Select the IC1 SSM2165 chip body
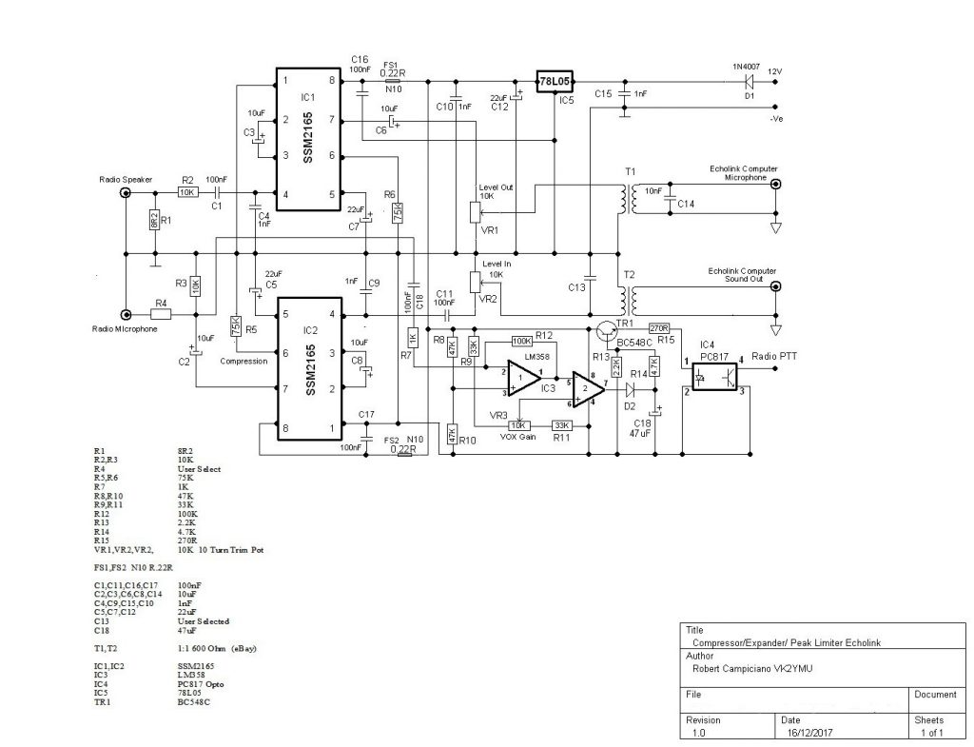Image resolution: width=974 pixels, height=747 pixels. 309,138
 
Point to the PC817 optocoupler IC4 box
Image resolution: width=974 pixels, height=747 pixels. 715,376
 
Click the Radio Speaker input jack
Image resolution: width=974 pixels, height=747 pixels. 126,193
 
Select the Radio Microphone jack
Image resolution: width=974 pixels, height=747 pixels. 126,314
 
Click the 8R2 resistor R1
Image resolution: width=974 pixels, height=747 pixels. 154,221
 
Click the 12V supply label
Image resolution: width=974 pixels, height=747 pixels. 774,71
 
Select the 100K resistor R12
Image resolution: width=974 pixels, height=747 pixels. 520,340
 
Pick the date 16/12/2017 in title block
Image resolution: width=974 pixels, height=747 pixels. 809,735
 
